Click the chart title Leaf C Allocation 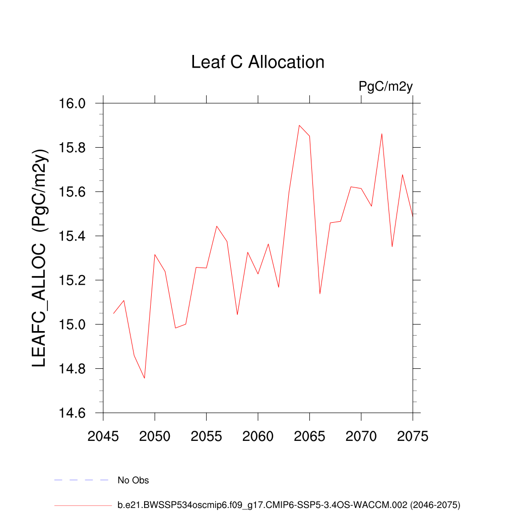click(x=257, y=62)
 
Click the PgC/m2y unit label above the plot click(x=385, y=86)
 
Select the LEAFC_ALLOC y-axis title click(x=39, y=258)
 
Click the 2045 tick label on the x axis click(x=103, y=436)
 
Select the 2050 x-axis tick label click(x=155, y=436)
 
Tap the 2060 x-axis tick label click(x=258, y=436)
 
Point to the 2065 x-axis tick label click(x=309, y=436)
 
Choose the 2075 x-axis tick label click(x=412, y=436)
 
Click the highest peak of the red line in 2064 click(x=299, y=125)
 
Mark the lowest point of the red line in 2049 click(x=145, y=378)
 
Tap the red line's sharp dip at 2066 click(x=320, y=293)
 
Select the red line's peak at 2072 click(x=382, y=134)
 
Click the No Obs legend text click(x=133, y=480)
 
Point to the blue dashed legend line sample click(x=82, y=480)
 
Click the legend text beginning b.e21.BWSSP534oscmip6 click(x=289, y=504)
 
